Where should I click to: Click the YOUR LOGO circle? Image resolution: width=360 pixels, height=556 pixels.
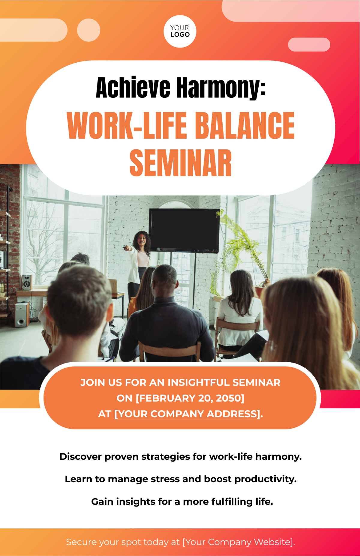tap(180, 31)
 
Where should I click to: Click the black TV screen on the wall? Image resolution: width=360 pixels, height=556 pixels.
tap(184, 229)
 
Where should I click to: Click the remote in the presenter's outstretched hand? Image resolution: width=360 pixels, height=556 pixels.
tap(125, 247)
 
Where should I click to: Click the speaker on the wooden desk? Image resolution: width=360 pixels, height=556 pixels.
tap(26, 282)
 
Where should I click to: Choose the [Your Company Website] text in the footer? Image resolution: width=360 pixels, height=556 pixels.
tap(238, 542)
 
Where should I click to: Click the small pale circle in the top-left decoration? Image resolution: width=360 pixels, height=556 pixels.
tap(88, 30)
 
